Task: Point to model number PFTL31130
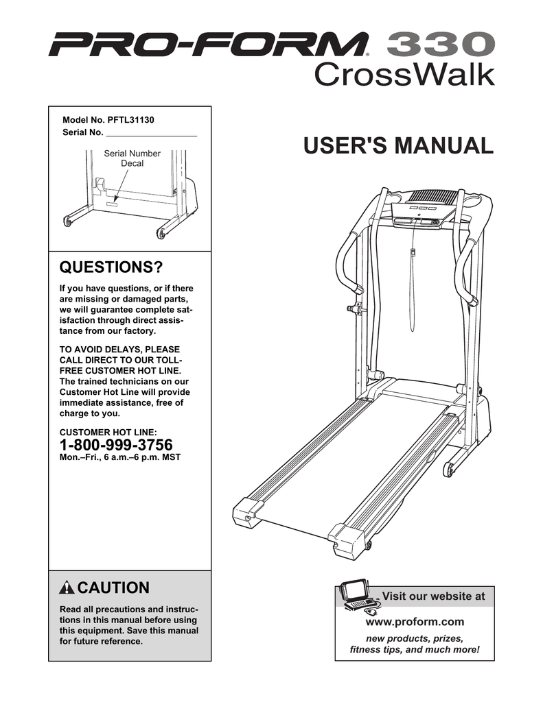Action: click(131, 119)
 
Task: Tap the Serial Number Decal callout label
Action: click(132, 158)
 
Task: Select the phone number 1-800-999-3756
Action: click(117, 444)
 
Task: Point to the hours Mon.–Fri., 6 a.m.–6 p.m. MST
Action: click(120, 457)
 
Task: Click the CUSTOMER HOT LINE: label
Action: click(108, 432)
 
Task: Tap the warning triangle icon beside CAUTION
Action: click(67, 588)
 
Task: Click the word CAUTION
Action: click(113, 588)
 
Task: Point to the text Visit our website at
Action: click(432, 596)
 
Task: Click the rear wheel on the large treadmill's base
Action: click(449, 470)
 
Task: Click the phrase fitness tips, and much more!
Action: click(414, 649)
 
